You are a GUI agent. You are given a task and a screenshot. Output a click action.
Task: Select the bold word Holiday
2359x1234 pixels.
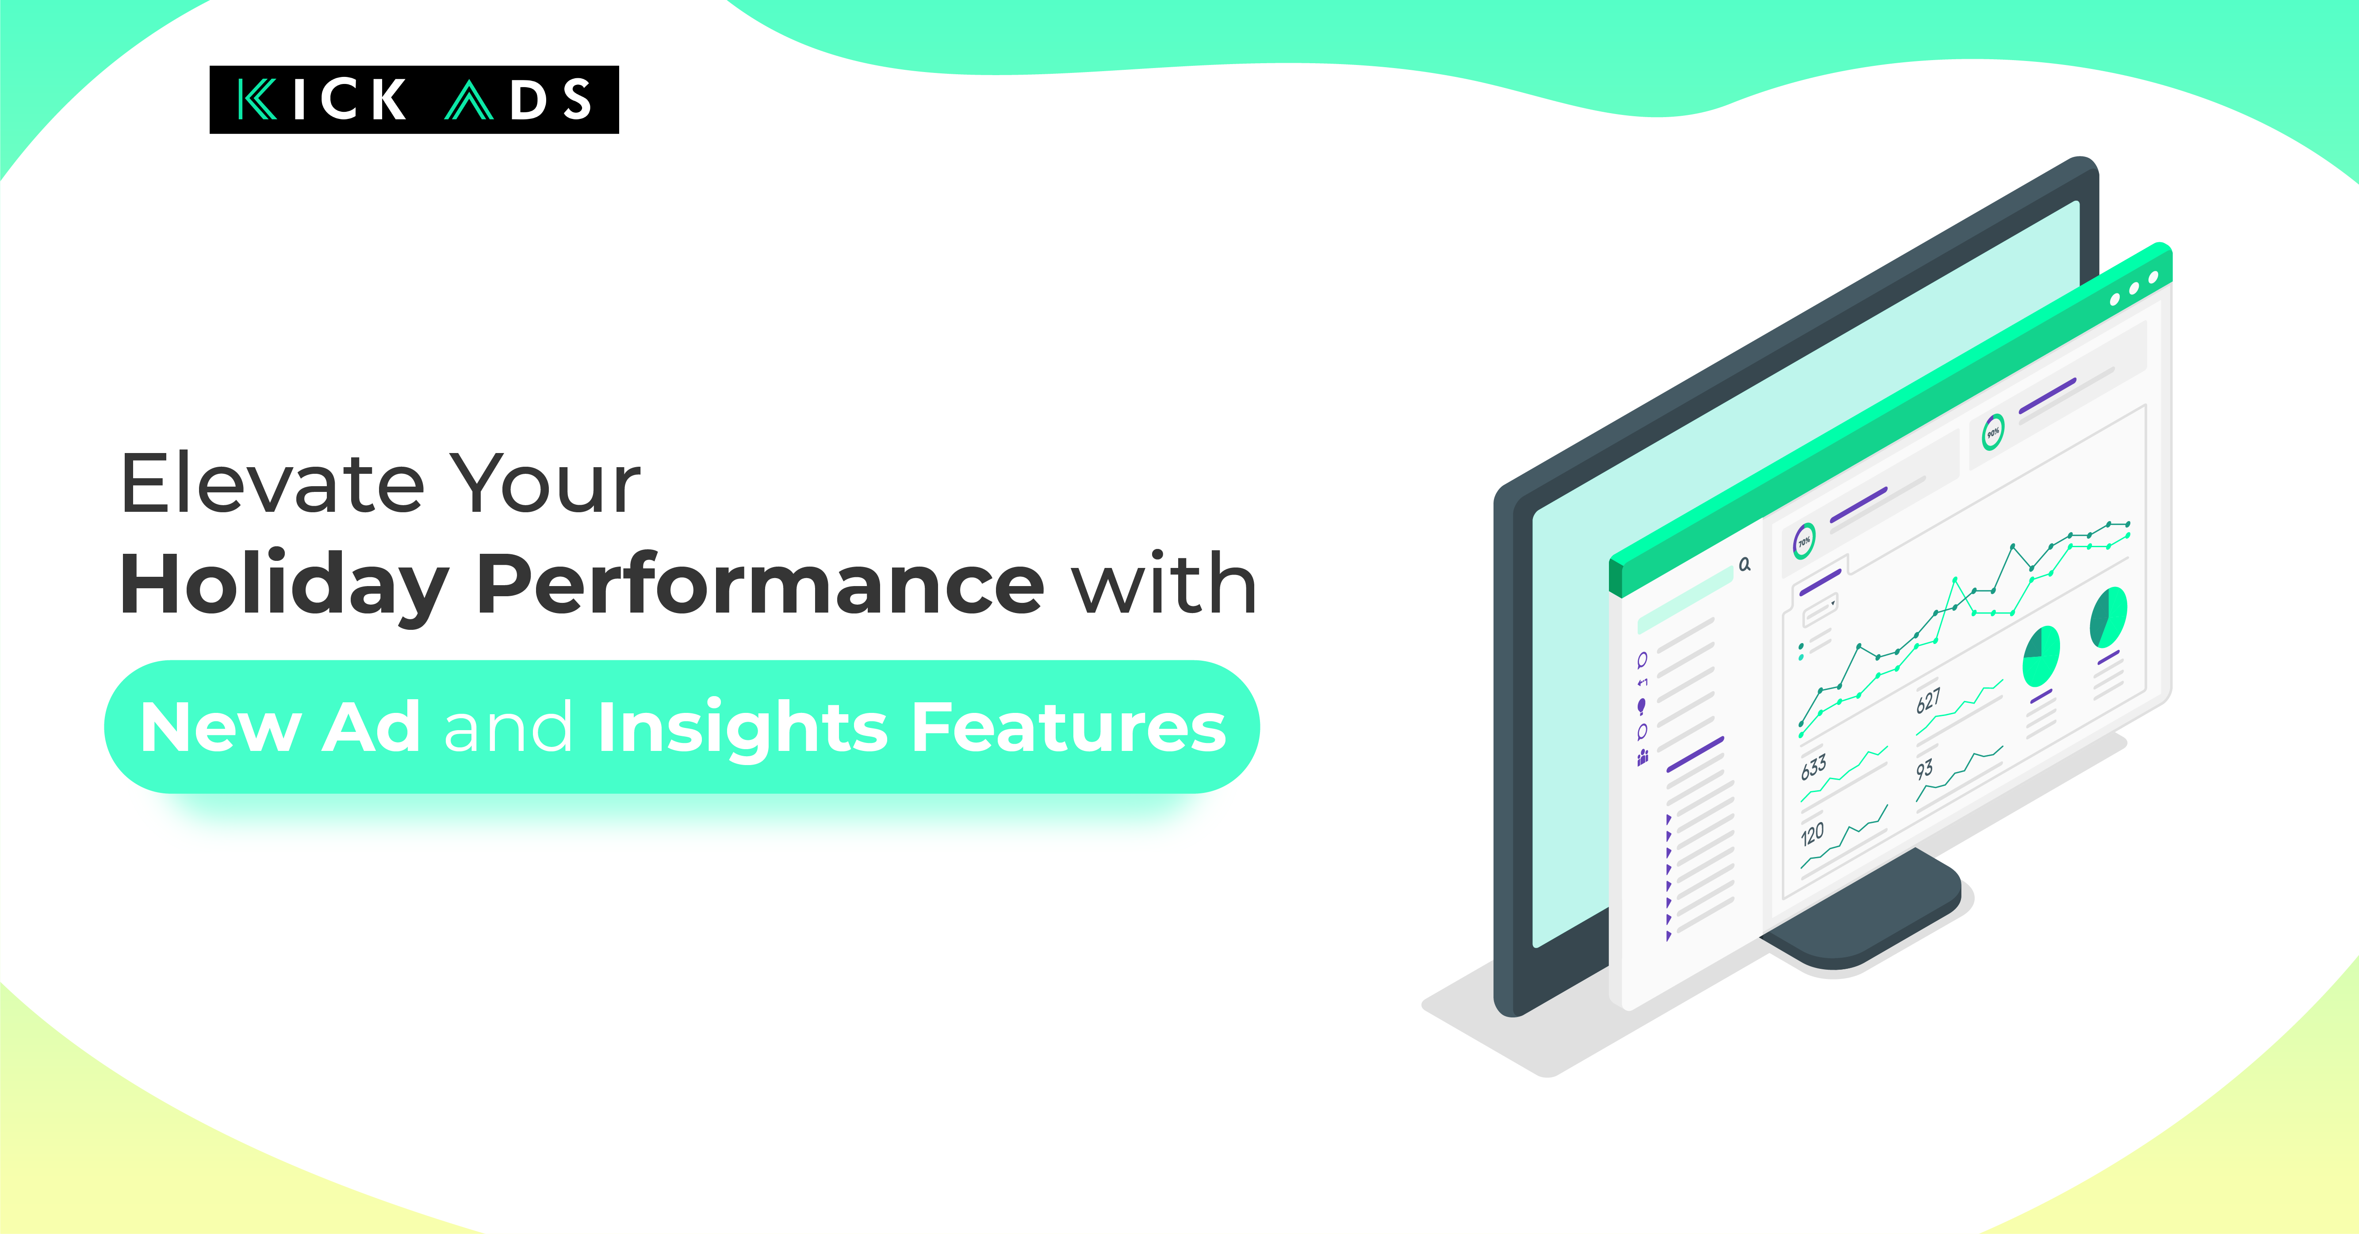coord(284,586)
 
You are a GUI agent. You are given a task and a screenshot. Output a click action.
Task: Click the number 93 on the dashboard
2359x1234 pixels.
coord(1924,769)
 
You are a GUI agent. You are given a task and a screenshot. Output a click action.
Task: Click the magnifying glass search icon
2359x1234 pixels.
coord(1745,564)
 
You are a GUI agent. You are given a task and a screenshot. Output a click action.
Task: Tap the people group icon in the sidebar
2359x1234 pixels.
coord(1643,756)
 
